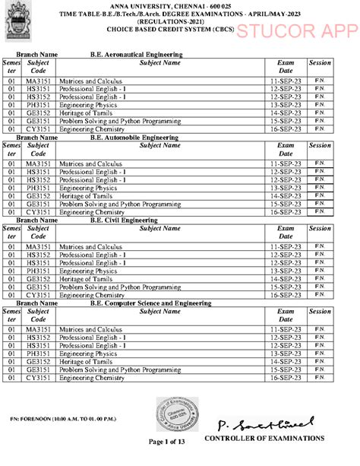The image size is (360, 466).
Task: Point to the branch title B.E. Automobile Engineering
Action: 135,138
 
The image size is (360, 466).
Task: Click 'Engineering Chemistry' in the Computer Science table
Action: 92,377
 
